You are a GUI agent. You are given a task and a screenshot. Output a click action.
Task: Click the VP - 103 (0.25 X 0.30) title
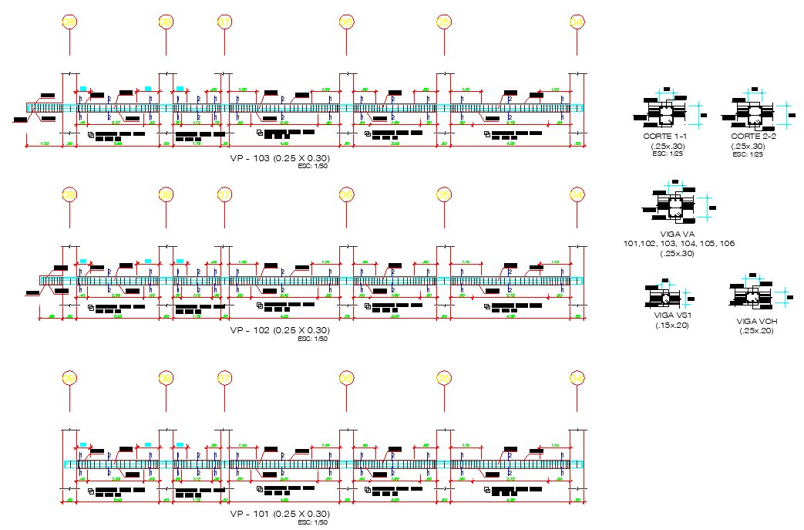point(280,158)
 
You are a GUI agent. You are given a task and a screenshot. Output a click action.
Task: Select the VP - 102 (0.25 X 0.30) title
point(280,330)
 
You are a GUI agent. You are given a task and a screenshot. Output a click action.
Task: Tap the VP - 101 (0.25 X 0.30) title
point(280,514)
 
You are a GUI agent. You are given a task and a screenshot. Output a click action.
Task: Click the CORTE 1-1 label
point(665,137)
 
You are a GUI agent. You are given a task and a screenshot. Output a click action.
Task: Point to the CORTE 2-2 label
point(753,137)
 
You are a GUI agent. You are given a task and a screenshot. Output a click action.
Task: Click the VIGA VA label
point(678,234)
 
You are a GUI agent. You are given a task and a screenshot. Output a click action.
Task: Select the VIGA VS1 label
point(670,316)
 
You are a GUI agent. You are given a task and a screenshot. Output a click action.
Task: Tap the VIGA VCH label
point(756,321)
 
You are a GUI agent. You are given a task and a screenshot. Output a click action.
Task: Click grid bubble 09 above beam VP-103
point(69,23)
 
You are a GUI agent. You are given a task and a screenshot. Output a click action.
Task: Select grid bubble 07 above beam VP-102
point(224,194)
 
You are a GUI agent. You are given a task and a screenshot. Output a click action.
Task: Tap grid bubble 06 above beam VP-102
point(346,194)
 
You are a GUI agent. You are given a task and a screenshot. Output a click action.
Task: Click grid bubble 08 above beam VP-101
point(165,377)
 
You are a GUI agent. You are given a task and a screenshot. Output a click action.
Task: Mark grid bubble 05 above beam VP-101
point(443,377)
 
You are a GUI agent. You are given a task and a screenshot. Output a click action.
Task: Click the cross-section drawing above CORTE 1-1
point(665,114)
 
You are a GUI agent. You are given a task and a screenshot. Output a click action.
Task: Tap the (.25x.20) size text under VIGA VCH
point(756,331)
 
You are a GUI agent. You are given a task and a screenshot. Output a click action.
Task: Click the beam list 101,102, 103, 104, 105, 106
point(678,244)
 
